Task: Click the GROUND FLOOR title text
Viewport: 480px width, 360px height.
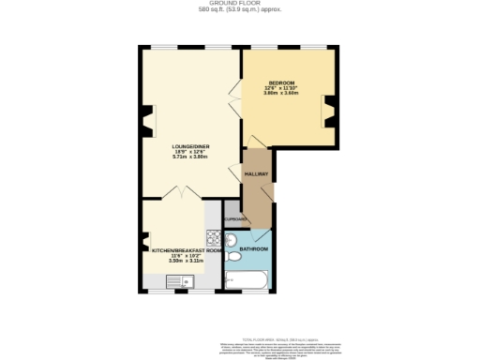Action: pyautogui.click(x=239, y=4)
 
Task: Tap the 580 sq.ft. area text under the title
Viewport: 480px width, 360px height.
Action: pyautogui.click(x=239, y=10)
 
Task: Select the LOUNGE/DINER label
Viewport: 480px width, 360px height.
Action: pyautogui.click(x=189, y=146)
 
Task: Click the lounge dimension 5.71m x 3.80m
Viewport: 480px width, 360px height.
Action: pyautogui.click(x=189, y=157)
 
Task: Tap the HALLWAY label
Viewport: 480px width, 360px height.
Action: pyautogui.click(x=256, y=175)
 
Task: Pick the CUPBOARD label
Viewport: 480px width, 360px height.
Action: pyautogui.click(x=235, y=219)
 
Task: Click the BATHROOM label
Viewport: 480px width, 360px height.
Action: pyautogui.click(x=253, y=248)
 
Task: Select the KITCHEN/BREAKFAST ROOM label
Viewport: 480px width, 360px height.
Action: pyautogui.click(x=187, y=250)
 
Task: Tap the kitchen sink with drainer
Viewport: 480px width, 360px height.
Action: pyautogui.click(x=181, y=280)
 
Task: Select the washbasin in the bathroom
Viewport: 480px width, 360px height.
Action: pyautogui.click(x=232, y=238)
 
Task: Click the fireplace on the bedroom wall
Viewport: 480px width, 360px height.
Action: pyautogui.click(x=328, y=111)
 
